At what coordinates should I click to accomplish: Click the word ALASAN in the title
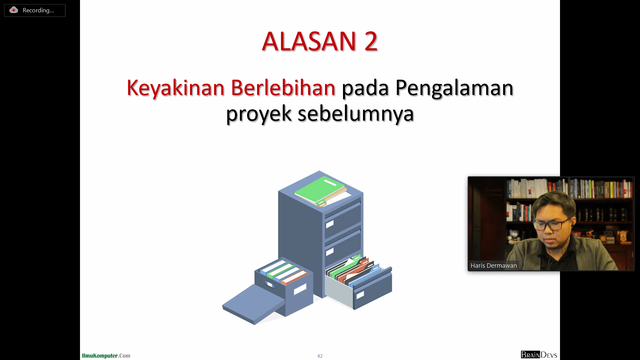click(x=309, y=41)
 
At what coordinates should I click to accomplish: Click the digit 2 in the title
click(x=371, y=41)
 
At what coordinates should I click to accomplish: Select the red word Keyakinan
click(x=175, y=88)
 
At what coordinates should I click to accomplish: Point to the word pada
click(x=365, y=88)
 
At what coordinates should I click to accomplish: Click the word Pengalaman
click(x=454, y=88)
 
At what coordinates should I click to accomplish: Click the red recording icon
click(x=14, y=10)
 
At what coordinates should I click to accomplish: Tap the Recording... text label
click(x=38, y=10)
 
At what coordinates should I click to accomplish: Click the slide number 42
click(x=320, y=356)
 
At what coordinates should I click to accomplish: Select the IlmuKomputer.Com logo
click(x=106, y=356)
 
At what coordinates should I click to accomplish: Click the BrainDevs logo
click(x=539, y=355)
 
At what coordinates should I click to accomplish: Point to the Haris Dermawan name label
click(x=494, y=266)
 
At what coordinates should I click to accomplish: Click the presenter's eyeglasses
click(x=552, y=225)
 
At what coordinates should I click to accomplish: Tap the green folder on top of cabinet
click(x=319, y=190)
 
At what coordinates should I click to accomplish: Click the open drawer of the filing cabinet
click(x=359, y=282)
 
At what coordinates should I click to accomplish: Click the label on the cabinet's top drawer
click(x=330, y=224)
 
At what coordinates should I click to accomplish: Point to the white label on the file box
click(x=300, y=289)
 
